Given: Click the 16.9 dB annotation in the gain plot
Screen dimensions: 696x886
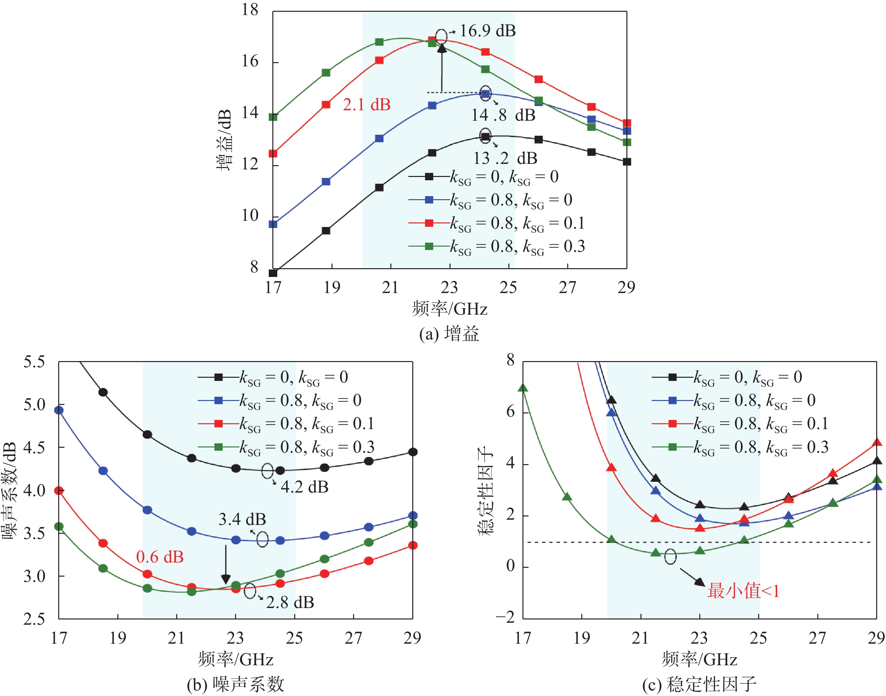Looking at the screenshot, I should click(487, 31).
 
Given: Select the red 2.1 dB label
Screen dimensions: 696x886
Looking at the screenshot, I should click(366, 105).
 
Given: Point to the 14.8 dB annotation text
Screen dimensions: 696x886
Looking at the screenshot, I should click(503, 115).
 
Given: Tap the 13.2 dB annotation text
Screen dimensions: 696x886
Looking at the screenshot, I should click(505, 159).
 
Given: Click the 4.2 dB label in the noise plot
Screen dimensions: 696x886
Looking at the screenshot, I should click(305, 487).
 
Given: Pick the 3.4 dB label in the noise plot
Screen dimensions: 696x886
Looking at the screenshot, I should click(242, 519).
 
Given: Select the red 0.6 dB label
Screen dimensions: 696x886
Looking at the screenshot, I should click(160, 557).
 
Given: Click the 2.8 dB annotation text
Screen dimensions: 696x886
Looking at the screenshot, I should click(290, 602).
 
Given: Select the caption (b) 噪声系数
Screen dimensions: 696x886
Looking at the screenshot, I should click(235, 684).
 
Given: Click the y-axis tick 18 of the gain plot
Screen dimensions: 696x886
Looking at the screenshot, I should click(250, 10).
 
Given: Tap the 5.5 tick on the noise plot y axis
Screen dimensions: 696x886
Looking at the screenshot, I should click(34, 362).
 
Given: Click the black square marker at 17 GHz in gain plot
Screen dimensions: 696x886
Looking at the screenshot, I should click(273, 273).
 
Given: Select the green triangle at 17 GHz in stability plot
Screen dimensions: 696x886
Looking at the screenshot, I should click(523, 388).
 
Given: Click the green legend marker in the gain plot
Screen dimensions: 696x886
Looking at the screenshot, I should click(429, 246).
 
